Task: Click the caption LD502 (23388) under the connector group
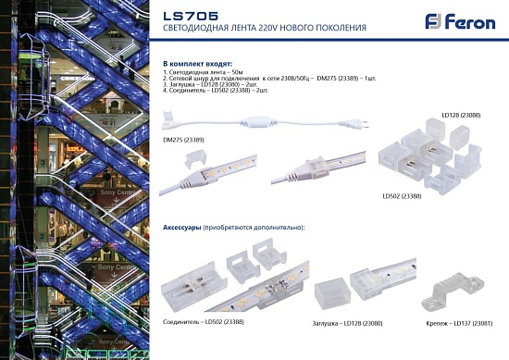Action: [x=403, y=196]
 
